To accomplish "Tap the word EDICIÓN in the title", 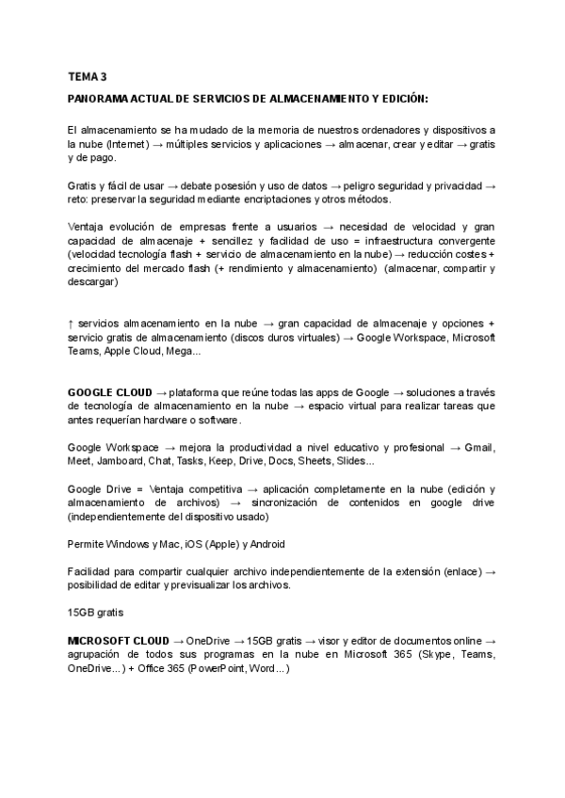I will (x=400, y=99).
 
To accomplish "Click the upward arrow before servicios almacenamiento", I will (x=71, y=323).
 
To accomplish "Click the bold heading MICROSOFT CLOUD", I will (x=119, y=640).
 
